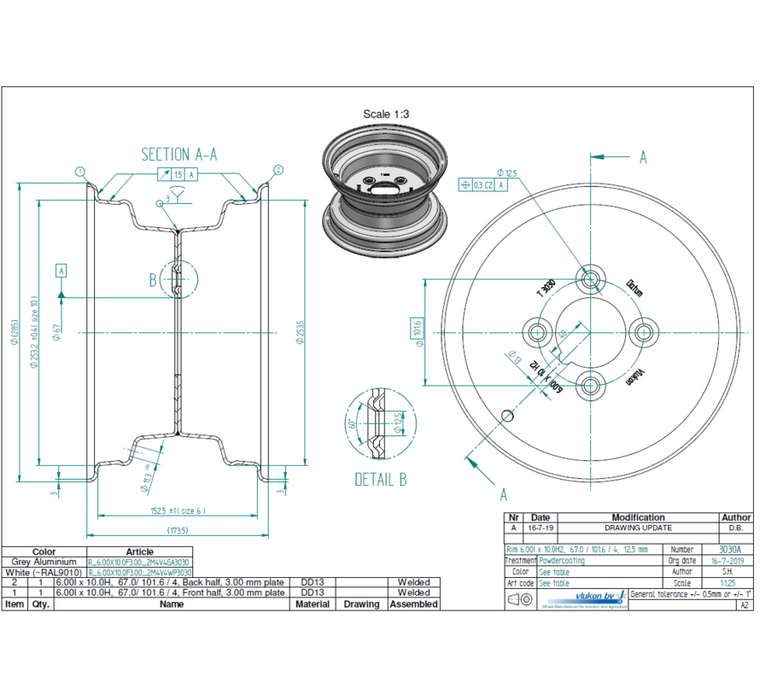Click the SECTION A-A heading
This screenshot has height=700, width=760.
point(178,155)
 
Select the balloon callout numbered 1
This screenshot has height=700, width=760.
point(80,171)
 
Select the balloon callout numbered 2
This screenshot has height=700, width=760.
point(278,171)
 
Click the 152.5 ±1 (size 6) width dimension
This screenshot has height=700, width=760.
point(177,511)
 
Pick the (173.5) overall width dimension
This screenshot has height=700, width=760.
point(177,530)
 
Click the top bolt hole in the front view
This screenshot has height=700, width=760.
point(590,279)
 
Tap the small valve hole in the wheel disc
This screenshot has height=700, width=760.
point(507,416)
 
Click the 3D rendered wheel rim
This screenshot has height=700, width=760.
point(384,192)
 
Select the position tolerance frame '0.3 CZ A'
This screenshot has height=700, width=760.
point(483,184)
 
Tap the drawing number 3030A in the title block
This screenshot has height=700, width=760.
point(729,551)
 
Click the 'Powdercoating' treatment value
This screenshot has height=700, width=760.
point(562,562)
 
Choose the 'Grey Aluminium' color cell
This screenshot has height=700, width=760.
point(44,563)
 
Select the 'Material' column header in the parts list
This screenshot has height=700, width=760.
point(313,604)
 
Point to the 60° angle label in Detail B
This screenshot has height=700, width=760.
point(350,423)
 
